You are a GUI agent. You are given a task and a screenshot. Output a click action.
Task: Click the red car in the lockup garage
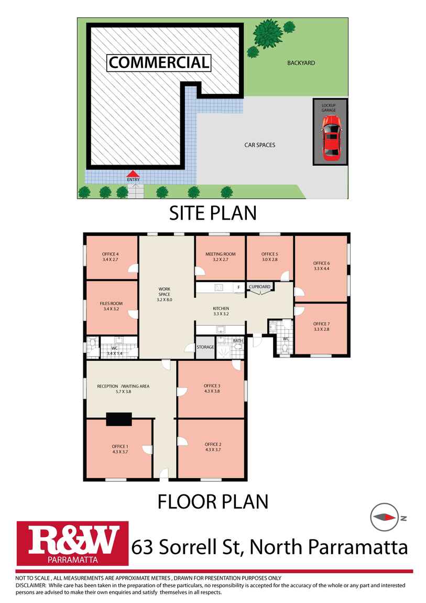[x=331, y=138]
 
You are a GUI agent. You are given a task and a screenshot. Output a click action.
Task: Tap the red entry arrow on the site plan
[x=133, y=174]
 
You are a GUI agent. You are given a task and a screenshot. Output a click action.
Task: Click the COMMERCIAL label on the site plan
[x=159, y=62]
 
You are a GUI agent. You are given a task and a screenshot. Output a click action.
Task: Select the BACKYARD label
[x=301, y=63]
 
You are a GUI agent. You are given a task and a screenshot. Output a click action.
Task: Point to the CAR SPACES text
[x=259, y=145]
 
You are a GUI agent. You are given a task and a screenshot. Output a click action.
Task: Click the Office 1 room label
[x=119, y=446]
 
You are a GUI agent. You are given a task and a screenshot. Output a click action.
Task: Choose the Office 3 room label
[x=212, y=386]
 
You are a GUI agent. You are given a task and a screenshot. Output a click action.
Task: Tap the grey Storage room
[x=205, y=347]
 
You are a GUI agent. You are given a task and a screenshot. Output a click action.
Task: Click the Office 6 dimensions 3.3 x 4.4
[x=321, y=269]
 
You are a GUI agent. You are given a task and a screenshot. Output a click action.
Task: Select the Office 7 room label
[x=321, y=324]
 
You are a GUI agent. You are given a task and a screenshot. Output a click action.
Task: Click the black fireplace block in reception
[x=119, y=419]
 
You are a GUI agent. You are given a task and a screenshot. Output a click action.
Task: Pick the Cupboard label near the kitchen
[x=260, y=287]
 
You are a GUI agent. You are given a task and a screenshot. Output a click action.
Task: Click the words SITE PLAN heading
[x=212, y=213]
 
